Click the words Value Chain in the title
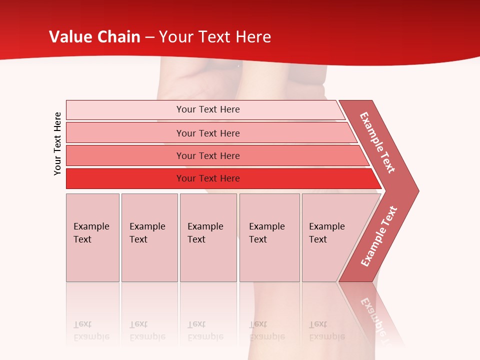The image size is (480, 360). (x=94, y=37)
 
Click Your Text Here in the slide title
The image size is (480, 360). (x=215, y=37)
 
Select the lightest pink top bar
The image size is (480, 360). (x=125, y=110)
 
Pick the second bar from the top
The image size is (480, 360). (x=125, y=133)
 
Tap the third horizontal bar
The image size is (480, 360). (x=125, y=155)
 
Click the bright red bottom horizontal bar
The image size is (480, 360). (x=125, y=178)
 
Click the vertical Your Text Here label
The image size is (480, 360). (x=57, y=143)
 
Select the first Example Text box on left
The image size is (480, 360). (x=92, y=237)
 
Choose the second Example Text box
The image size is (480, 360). (x=149, y=237)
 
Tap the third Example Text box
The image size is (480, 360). (x=207, y=237)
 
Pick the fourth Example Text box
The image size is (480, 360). (x=269, y=237)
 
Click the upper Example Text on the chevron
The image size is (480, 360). (x=377, y=142)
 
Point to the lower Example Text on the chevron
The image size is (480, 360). (x=378, y=236)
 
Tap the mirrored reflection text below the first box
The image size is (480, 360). (x=91, y=330)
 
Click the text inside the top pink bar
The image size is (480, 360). (x=208, y=109)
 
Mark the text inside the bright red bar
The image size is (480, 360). (x=208, y=178)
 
